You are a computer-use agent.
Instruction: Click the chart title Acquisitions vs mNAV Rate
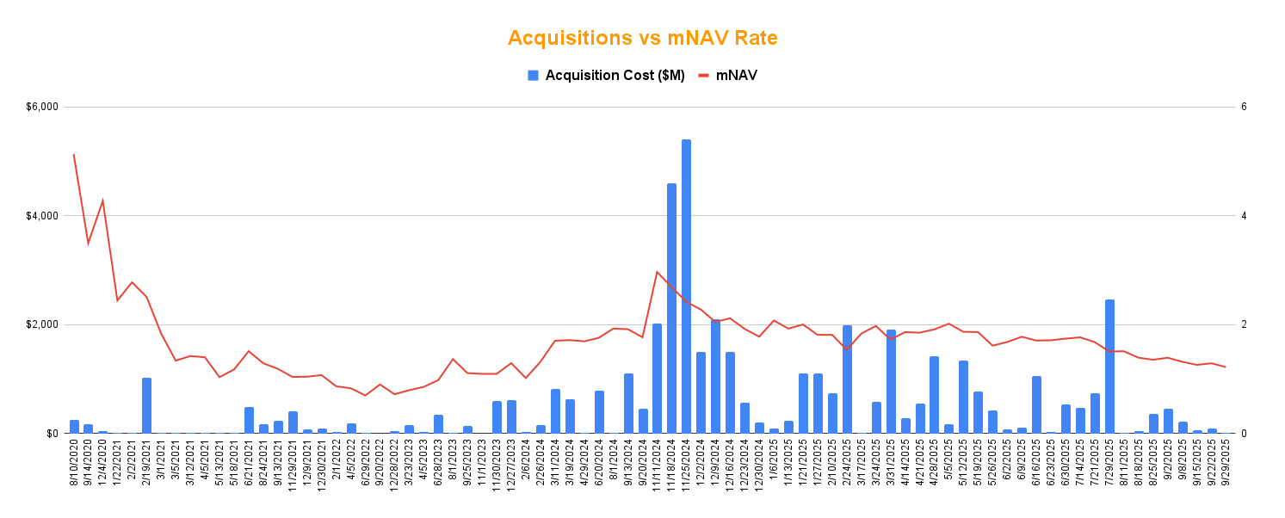[x=642, y=38]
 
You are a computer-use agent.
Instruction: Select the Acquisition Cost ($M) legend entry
[x=606, y=75]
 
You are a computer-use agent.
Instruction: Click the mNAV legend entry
[x=727, y=75]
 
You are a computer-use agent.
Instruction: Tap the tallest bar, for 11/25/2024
[x=686, y=287]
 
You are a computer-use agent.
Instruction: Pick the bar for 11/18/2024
[x=671, y=308]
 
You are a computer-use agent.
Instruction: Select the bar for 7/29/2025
[x=1109, y=367]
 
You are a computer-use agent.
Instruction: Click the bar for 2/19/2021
[x=146, y=405]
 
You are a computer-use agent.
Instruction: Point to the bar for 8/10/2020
[x=74, y=427]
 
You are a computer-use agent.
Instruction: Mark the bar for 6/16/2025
[x=1036, y=404]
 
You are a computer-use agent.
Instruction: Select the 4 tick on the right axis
[x=1244, y=215]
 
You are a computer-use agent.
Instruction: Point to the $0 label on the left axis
[x=53, y=434]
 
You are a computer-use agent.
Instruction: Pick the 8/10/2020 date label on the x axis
[x=75, y=465]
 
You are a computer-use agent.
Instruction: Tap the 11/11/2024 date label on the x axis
[x=658, y=465]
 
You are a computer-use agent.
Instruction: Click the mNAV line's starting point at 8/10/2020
[x=74, y=155]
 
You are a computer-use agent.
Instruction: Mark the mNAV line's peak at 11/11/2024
[x=657, y=272]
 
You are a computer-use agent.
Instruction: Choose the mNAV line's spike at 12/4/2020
[x=103, y=200]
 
